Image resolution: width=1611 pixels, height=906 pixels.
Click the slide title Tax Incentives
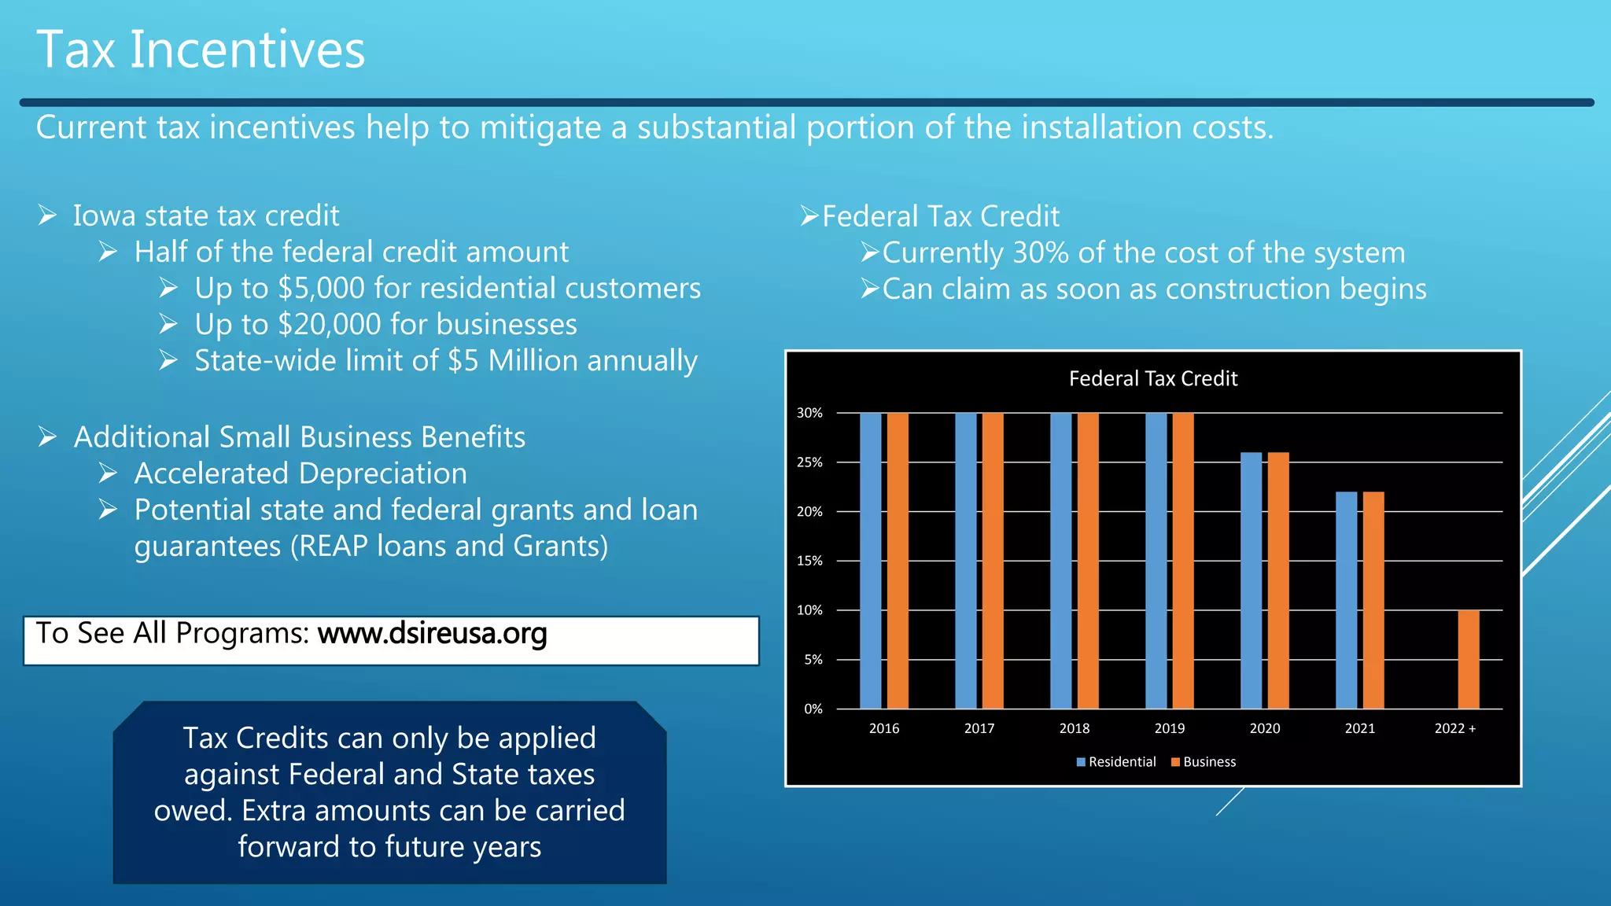201,50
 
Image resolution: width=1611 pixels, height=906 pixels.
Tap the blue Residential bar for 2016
870,560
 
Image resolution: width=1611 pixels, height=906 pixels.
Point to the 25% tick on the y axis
809,462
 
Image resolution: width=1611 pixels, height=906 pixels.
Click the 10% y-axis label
809,610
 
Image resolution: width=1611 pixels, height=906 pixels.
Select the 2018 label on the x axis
1074,728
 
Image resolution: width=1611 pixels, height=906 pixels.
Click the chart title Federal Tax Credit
1152,379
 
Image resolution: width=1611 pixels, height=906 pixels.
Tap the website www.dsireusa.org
432,633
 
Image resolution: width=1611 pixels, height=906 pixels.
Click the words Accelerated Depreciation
300,473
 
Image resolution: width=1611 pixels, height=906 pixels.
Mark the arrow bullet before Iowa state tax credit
47,215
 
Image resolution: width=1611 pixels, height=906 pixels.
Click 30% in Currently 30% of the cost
1040,253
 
